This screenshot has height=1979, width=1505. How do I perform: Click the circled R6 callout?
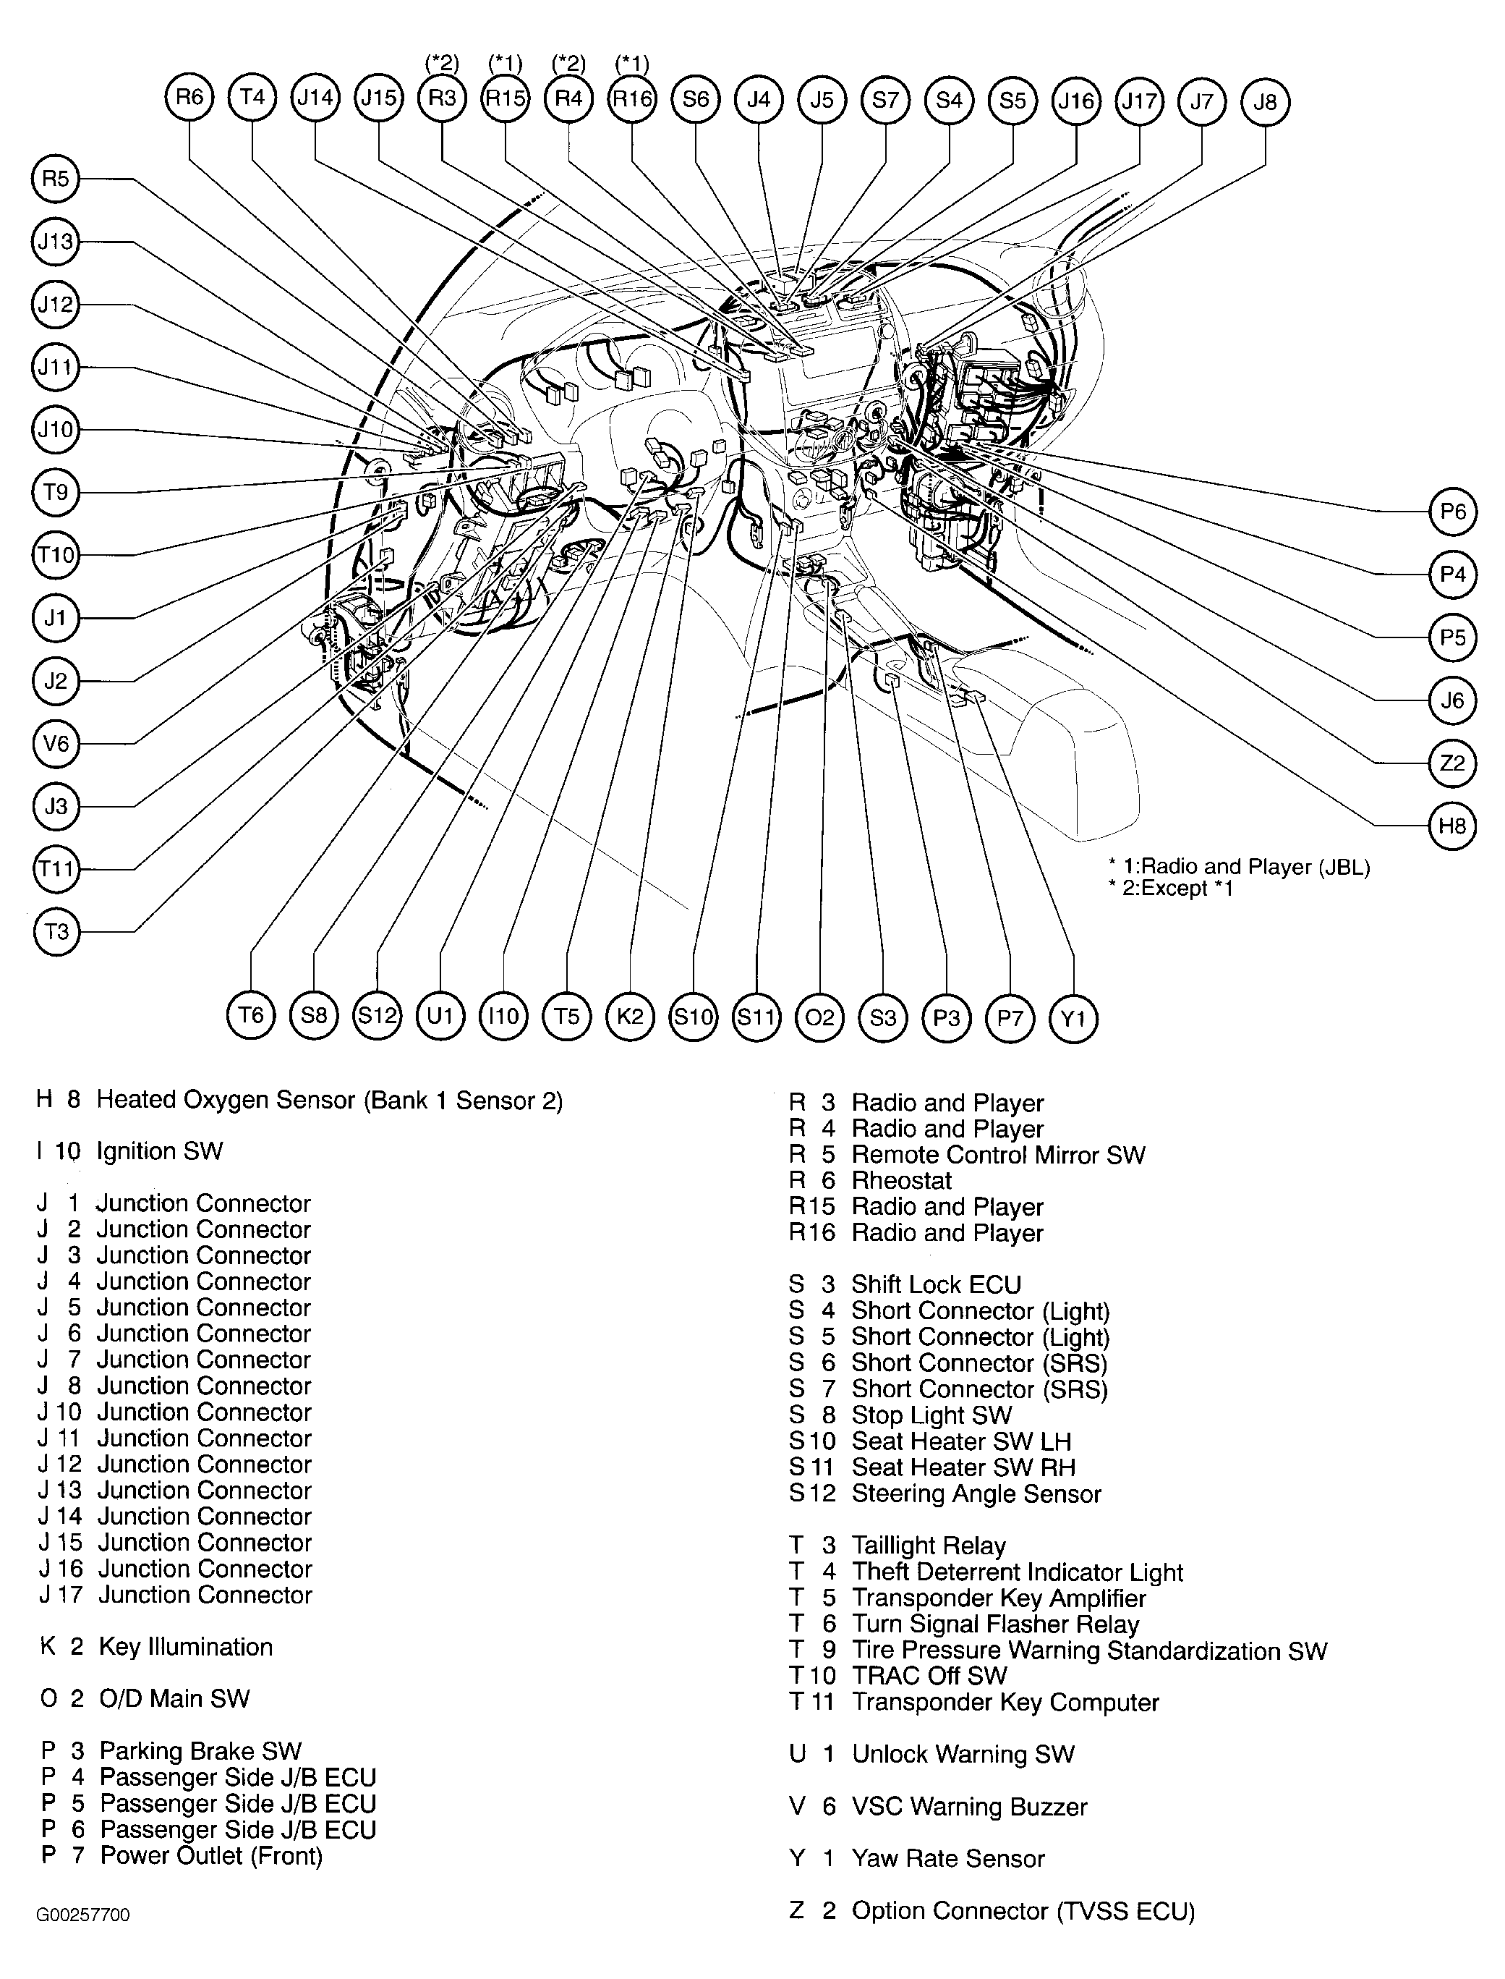click(190, 98)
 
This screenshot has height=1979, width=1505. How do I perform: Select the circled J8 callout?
click(1265, 101)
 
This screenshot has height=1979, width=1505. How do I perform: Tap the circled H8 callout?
click(1451, 826)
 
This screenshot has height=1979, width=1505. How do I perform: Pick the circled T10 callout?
click(56, 555)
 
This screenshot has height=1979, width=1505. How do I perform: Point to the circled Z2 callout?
click(1451, 763)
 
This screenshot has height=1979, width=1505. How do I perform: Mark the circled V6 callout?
click(56, 743)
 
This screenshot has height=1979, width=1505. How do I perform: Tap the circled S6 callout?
click(695, 98)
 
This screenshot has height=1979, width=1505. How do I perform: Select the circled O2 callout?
click(819, 1017)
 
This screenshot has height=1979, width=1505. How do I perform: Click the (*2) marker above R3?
click(442, 64)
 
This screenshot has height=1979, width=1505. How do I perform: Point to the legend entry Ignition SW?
click(159, 1150)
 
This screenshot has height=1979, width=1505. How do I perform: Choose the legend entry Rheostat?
click(900, 1180)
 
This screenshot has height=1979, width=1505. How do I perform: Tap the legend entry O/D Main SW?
click(174, 1698)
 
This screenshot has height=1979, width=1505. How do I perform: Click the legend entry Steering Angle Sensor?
click(976, 1493)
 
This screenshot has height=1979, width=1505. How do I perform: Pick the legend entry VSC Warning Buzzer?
click(968, 1806)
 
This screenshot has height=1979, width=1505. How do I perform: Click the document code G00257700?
click(82, 1915)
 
